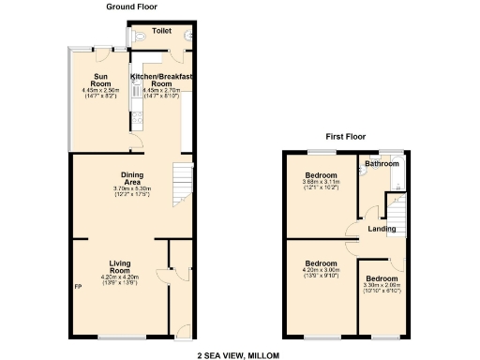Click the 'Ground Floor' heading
point(132,7)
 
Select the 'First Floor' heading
point(345,136)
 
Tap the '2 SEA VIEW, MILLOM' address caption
point(239,355)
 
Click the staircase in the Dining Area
point(180,178)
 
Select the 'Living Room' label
point(118,266)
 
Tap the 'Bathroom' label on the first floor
point(382,164)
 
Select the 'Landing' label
point(381,229)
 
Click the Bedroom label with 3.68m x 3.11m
point(321,175)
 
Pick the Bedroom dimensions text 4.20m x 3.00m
point(321,271)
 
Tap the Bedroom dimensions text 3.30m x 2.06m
point(381,286)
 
